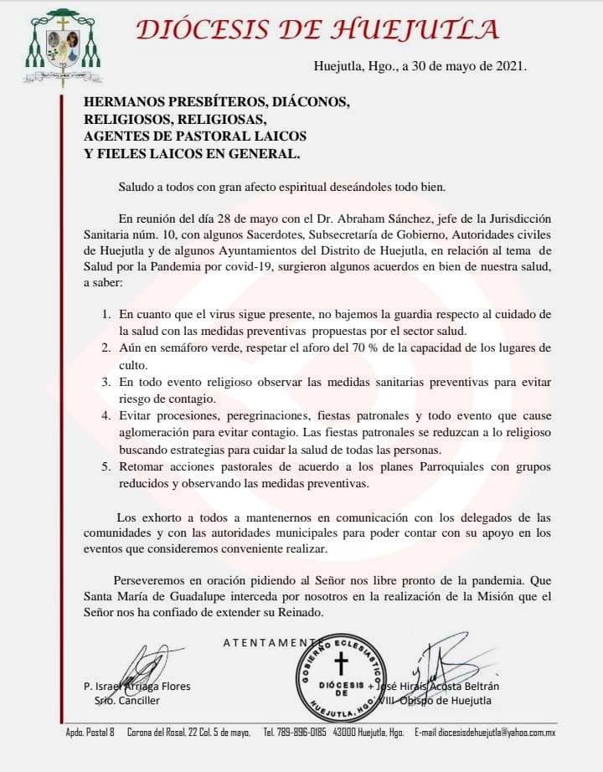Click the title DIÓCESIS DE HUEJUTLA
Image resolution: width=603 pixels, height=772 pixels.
[317, 29]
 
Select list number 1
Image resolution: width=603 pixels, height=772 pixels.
[106, 314]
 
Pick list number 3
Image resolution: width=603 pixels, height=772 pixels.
[106, 381]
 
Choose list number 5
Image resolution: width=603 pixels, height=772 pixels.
[106, 466]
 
